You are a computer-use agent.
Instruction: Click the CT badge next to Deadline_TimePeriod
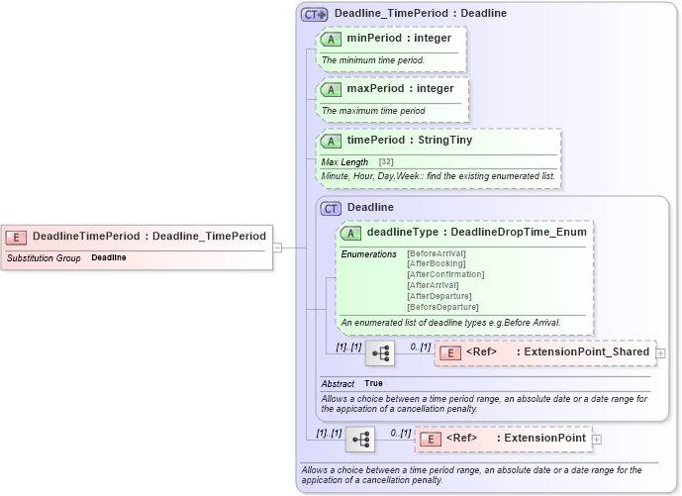pyautogui.click(x=316, y=14)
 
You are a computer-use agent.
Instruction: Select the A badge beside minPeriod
pyautogui.click(x=331, y=39)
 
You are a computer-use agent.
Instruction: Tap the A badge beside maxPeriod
pyautogui.click(x=331, y=89)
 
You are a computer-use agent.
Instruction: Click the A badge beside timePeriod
pyautogui.click(x=331, y=141)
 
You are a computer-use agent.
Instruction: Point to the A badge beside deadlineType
pyautogui.click(x=350, y=233)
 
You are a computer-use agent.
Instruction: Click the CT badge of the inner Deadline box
pyautogui.click(x=331, y=208)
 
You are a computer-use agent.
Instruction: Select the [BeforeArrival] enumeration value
pyautogui.click(x=436, y=253)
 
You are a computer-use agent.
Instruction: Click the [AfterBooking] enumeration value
pyautogui.click(x=436, y=263)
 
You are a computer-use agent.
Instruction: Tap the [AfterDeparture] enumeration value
pyautogui.click(x=439, y=296)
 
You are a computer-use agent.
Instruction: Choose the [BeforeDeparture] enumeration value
pyautogui.click(x=442, y=307)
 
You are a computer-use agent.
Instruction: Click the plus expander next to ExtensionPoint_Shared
pyautogui.click(x=660, y=352)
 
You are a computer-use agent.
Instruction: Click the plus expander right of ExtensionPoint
pyautogui.click(x=597, y=439)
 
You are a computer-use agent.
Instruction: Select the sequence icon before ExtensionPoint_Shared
pyautogui.click(x=380, y=352)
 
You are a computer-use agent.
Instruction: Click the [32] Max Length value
pyautogui.click(x=386, y=161)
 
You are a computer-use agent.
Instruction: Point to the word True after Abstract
pyautogui.click(x=373, y=383)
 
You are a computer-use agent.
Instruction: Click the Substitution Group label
pyautogui.click(x=44, y=257)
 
